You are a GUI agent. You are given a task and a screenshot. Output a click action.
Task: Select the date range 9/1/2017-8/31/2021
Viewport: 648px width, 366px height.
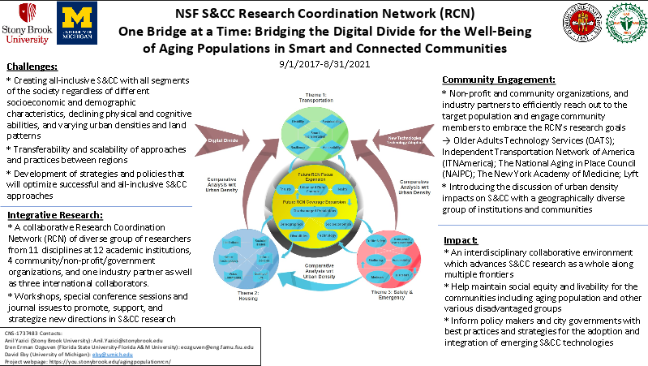[325, 63]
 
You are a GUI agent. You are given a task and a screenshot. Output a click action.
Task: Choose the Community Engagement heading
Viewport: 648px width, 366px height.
[499, 80]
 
